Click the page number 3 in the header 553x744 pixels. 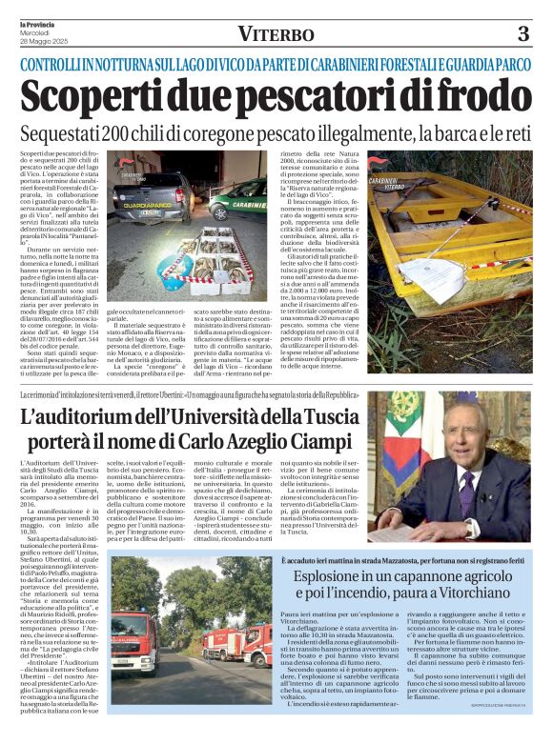pyautogui.click(x=523, y=35)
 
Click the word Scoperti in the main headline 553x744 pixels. pyautogui.click(x=91, y=98)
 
